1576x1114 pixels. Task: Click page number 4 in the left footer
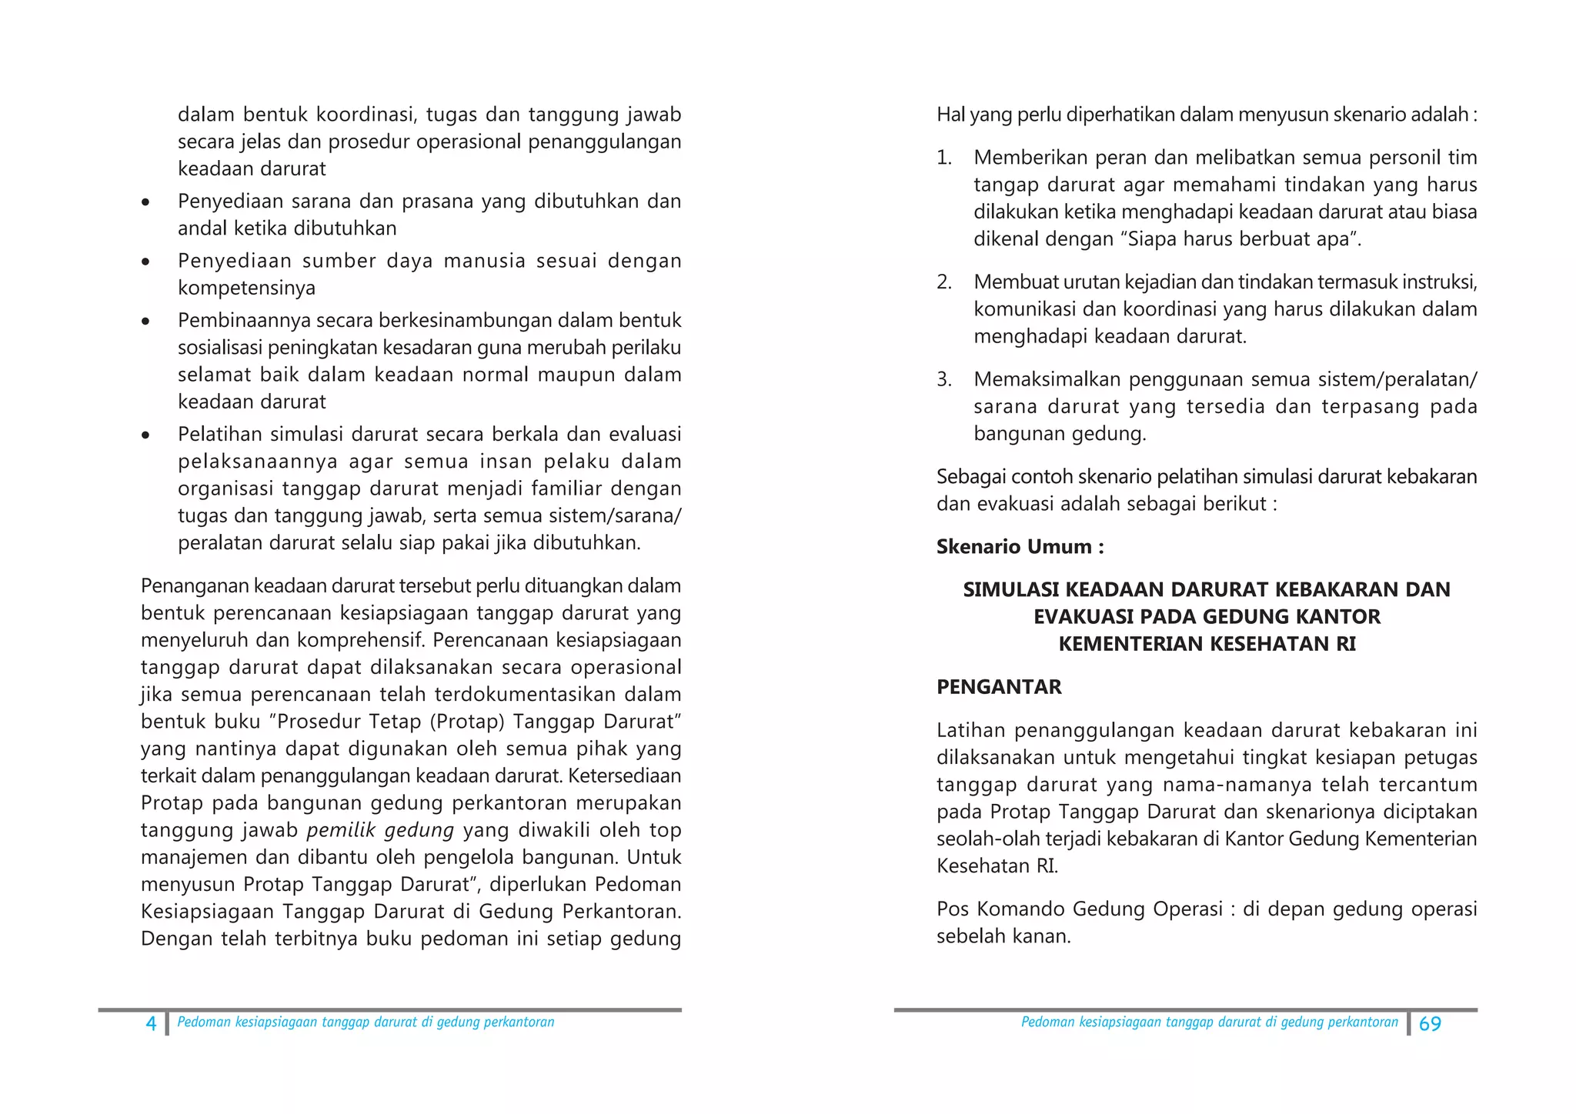pyautogui.click(x=151, y=1023)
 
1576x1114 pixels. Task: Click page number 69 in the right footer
pyautogui.click(x=1429, y=1024)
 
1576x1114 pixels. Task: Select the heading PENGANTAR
pyautogui.click(x=998, y=687)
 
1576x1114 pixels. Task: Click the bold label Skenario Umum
pyautogui.click(x=1020, y=547)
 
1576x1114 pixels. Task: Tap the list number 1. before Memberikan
pyautogui.click(x=944, y=158)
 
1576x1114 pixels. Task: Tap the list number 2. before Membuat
pyautogui.click(x=944, y=282)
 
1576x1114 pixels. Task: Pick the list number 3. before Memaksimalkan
pyautogui.click(x=944, y=379)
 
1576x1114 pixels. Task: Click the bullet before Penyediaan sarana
pyautogui.click(x=145, y=202)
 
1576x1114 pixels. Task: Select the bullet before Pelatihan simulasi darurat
pyautogui.click(x=145, y=435)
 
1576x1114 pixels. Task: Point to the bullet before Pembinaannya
pyautogui.click(x=145, y=322)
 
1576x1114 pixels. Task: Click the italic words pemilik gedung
pyautogui.click(x=380, y=830)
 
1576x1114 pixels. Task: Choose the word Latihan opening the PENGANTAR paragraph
pyautogui.click(x=970, y=730)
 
